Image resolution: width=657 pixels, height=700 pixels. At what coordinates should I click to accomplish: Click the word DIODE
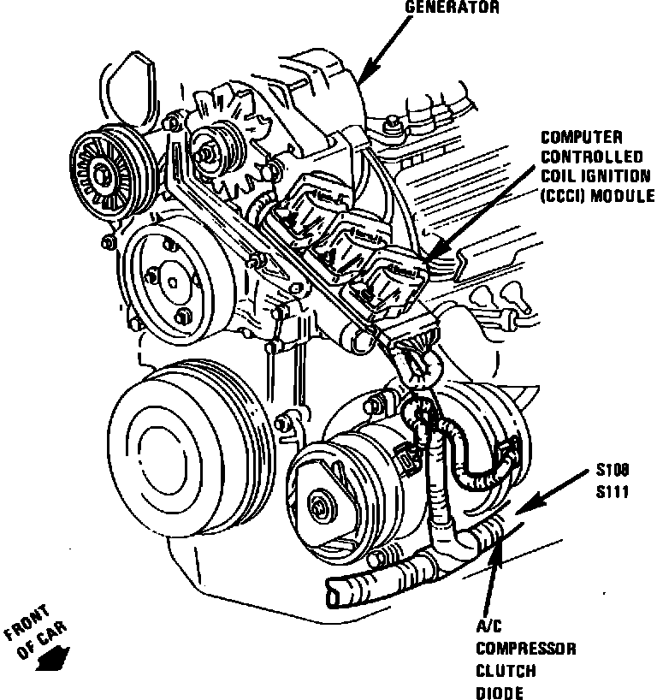500,692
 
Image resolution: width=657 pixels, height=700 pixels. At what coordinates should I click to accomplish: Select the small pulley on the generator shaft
209,150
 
